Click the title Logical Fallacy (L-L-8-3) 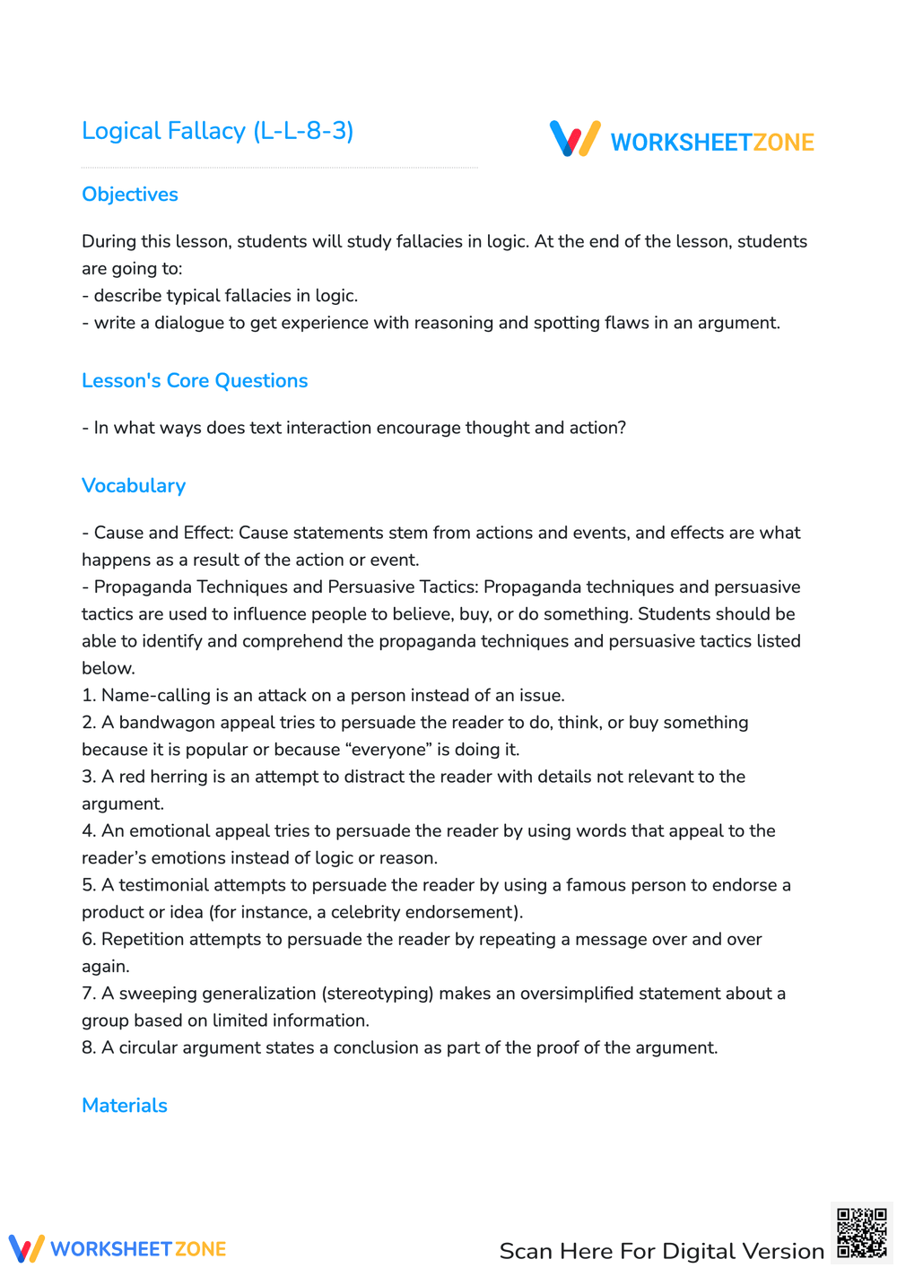click(217, 131)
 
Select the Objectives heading click(130, 195)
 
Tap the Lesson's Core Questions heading click(195, 381)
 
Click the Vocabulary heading click(134, 486)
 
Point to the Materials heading click(125, 1106)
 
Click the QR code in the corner click(862, 1233)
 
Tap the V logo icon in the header click(575, 139)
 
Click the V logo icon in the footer click(26, 1248)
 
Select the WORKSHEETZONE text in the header click(712, 143)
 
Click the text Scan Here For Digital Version click(661, 1251)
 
